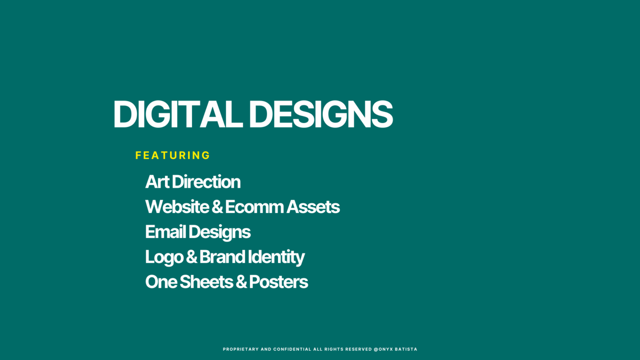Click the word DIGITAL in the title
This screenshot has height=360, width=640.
(178, 114)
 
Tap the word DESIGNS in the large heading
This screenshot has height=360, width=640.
(321, 114)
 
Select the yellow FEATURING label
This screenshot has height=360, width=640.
(173, 155)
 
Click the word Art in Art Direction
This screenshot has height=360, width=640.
(157, 181)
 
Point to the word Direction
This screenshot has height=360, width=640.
(206, 181)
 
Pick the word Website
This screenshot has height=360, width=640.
(177, 206)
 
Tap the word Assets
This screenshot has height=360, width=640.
(313, 206)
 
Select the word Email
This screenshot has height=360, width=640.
(165, 232)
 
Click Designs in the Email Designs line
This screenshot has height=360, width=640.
(219, 233)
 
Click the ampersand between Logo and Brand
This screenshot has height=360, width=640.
(192, 257)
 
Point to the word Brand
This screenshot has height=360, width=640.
(222, 257)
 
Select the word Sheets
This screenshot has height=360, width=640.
(206, 282)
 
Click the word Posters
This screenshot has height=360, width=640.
(278, 282)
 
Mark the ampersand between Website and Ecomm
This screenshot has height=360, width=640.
(217, 206)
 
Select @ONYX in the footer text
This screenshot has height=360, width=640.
(383, 349)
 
